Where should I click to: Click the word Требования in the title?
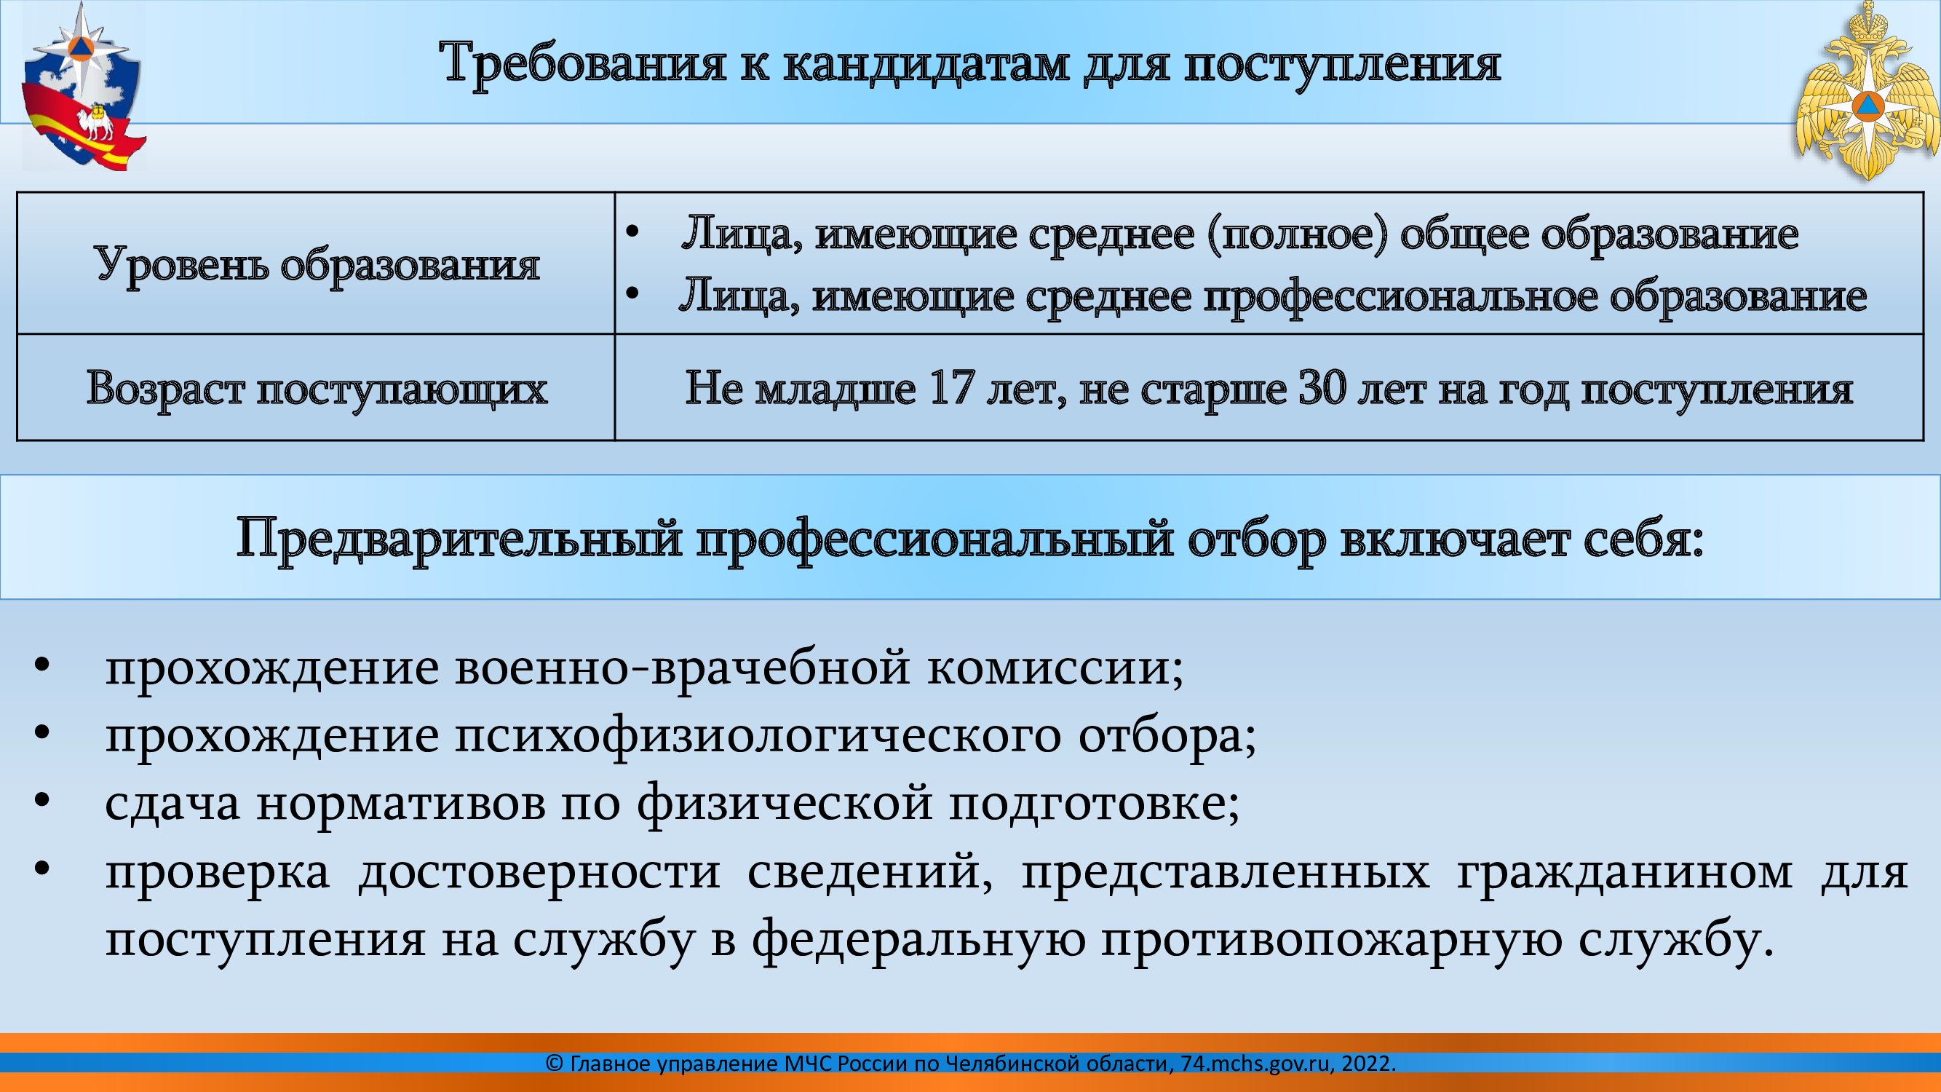582,63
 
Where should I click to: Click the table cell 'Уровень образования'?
317,263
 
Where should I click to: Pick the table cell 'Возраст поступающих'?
317,387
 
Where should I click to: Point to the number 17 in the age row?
952,387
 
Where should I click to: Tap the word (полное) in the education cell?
1297,234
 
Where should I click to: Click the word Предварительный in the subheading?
460,539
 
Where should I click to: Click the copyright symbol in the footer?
555,1064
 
